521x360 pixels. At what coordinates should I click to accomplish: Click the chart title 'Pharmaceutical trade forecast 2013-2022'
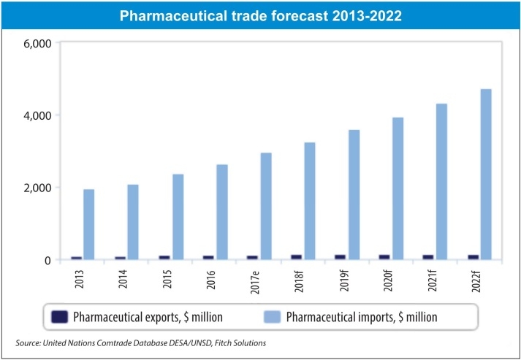point(260,14)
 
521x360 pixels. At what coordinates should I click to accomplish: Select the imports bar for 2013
point(88,224)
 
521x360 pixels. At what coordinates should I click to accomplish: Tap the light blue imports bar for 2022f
point(486,174)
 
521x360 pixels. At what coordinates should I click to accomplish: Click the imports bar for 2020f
point(398,188)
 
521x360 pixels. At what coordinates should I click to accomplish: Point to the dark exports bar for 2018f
point(297,257)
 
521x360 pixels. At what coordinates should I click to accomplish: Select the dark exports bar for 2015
point(164,258)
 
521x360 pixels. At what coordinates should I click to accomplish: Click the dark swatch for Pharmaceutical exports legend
point(60,318)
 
